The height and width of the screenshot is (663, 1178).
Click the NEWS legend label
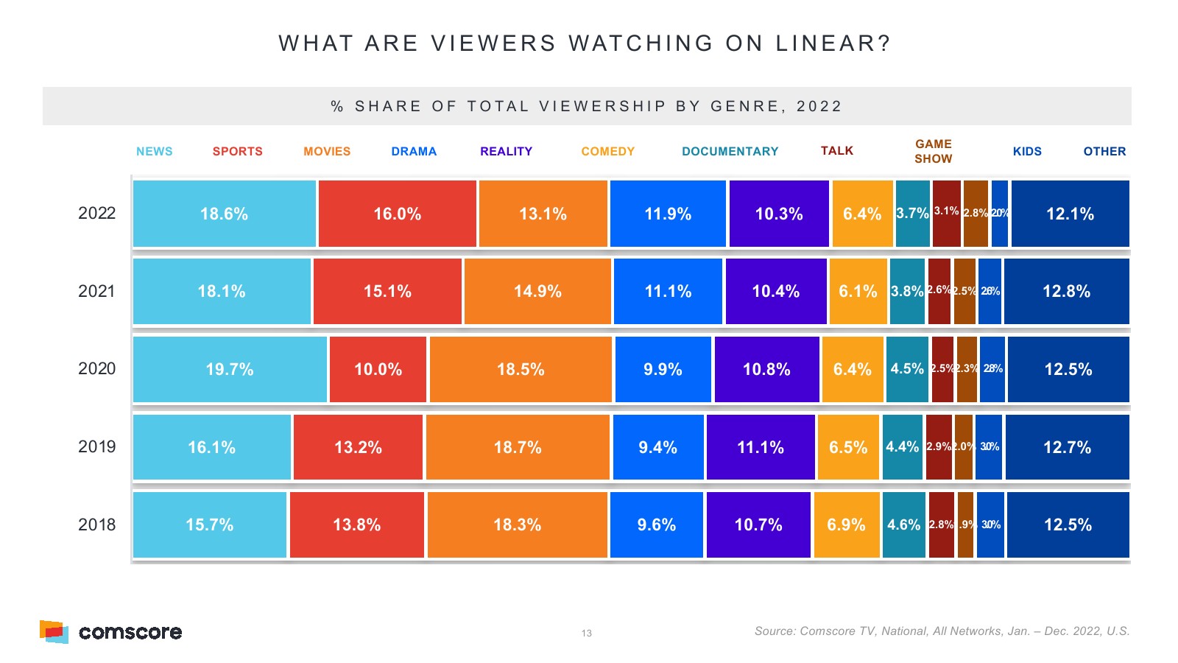pos(154,151)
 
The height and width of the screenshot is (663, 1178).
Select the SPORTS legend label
pos(237,151)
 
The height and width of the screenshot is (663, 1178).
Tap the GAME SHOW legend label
pos(933,151)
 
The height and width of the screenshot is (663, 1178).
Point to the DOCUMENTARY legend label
pos(730,151)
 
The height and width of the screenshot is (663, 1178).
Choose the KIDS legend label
pos(1027,151)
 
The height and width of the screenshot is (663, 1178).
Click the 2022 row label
pos(96,214)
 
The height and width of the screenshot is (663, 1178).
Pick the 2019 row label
pos(96,446)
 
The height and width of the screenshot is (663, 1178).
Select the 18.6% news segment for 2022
pos(224,214)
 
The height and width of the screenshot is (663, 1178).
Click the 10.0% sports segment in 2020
pos(378,369)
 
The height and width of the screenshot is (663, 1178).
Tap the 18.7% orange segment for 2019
pos(518,447)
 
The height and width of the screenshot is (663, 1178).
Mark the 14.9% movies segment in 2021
pos(537,291)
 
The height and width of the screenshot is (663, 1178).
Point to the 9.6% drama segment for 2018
pos(656,525)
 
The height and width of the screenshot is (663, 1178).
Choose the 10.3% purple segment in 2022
pos(778,214)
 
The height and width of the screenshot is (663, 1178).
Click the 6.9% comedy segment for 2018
pos(846,525)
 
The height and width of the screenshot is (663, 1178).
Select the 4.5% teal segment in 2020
pos(907,369)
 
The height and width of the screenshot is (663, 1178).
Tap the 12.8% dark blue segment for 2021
pos(1066,291)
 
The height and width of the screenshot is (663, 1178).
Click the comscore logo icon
pos(54,631)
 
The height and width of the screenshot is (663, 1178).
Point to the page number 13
pos(586,633)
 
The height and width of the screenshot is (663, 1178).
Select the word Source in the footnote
pos(774,631)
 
